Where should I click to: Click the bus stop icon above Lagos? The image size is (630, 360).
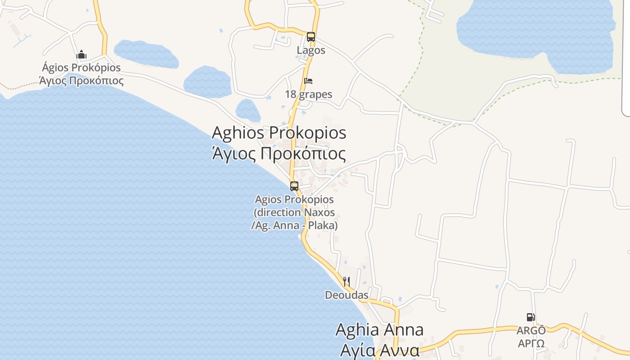point(310,37)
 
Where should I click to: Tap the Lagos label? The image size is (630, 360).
point(310,50)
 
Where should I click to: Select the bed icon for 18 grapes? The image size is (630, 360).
point(308,81)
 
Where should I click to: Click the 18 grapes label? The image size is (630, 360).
point(309,94)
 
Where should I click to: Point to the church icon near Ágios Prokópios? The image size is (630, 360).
point(81,55)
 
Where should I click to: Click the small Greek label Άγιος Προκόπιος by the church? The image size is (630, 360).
point(81,81)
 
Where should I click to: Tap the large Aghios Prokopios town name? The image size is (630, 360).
point(279,133)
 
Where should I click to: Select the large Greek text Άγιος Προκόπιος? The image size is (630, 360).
point(279,153)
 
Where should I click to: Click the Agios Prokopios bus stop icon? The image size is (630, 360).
point(294,186)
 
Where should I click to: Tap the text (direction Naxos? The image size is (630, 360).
point(294,212)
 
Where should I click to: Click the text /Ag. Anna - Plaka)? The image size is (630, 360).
point(294,225)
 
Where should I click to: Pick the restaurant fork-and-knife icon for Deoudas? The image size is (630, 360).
point(346,282)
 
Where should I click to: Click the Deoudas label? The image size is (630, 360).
point(346,295)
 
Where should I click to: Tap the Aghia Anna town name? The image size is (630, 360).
point(379,330)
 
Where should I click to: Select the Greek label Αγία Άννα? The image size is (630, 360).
point(379,350)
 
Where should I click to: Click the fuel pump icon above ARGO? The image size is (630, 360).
point(531,317)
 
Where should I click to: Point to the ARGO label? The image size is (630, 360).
point(531,331)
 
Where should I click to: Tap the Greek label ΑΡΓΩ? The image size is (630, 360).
point(531,344)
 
